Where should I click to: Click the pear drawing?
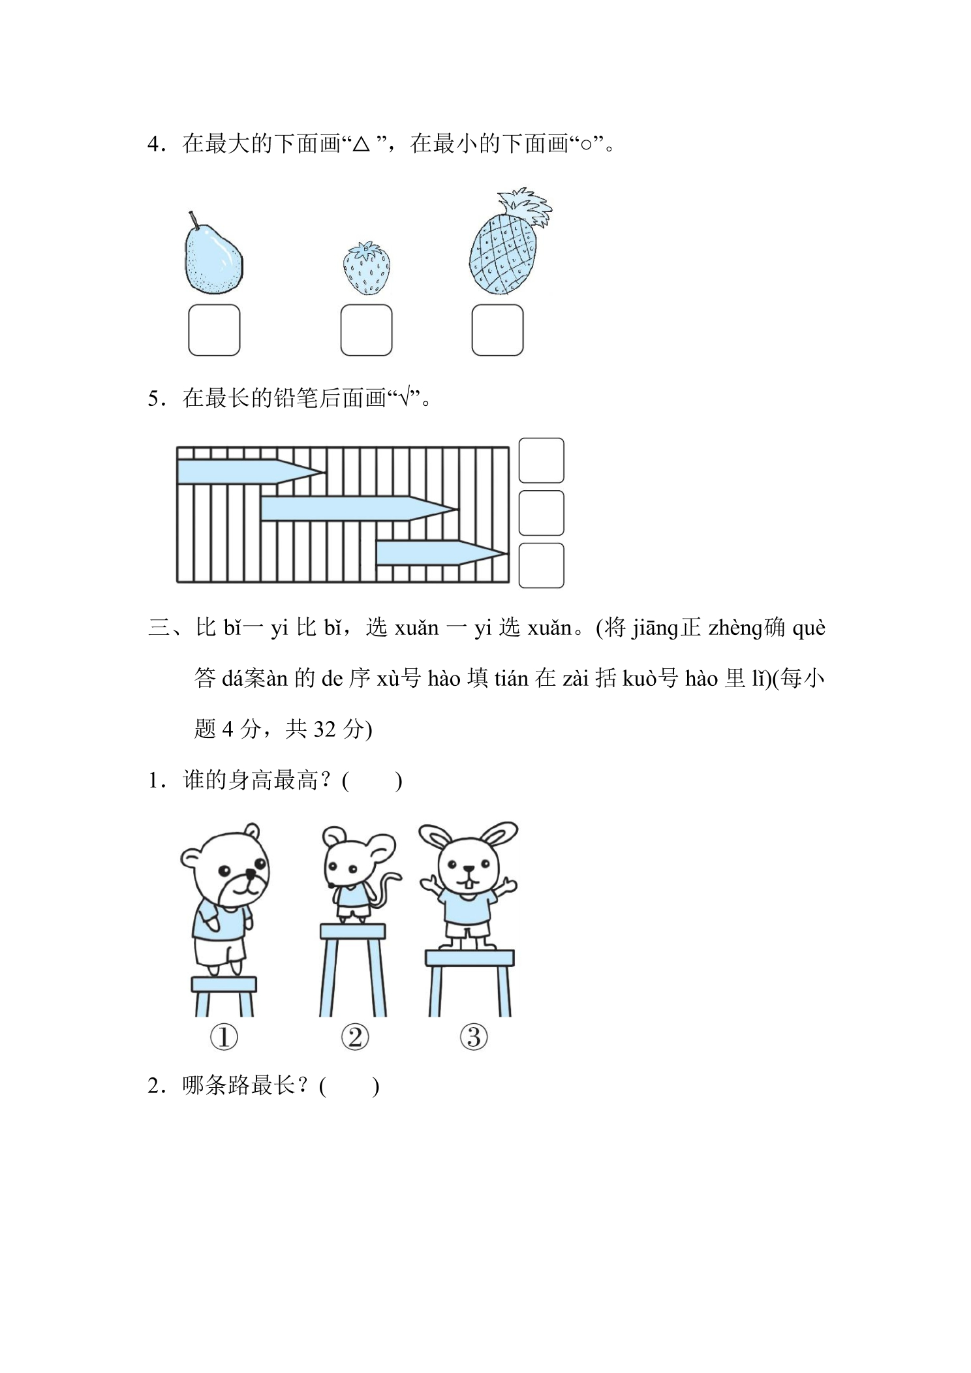pyautogui.click(x=213, y=258)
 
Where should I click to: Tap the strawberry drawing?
pyautogui.click(x=367, y=268)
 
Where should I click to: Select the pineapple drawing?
pyautogui.click(x=506, y=245)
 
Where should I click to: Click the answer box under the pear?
pyautogui.click(x=214, y=330)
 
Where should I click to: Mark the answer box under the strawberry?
pyautogui.click(x=366, y=330)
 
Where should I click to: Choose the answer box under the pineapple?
pyautogui.click(x=497, y=330)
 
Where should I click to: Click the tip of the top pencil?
pyautogui.click(x=325, y=472)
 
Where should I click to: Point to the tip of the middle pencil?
pyautogui.click(x=458, y=509)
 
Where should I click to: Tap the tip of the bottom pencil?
pyautogui.click(x=508, y=553)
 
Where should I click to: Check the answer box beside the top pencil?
pyautogui.click(x=541, y=461)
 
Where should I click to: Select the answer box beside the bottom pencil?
pyautogui.click(x=541, y=566)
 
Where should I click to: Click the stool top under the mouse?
pyautogui.click(x=352, y=931)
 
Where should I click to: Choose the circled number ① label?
pyautogui.click(x=224, y=1037)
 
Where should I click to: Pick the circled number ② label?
pyautogui.click(x=355, y=1037)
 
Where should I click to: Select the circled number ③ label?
pyautogui.click(x=474, y=1037)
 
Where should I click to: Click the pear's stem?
pyautogui.click(x=193, y=220)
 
